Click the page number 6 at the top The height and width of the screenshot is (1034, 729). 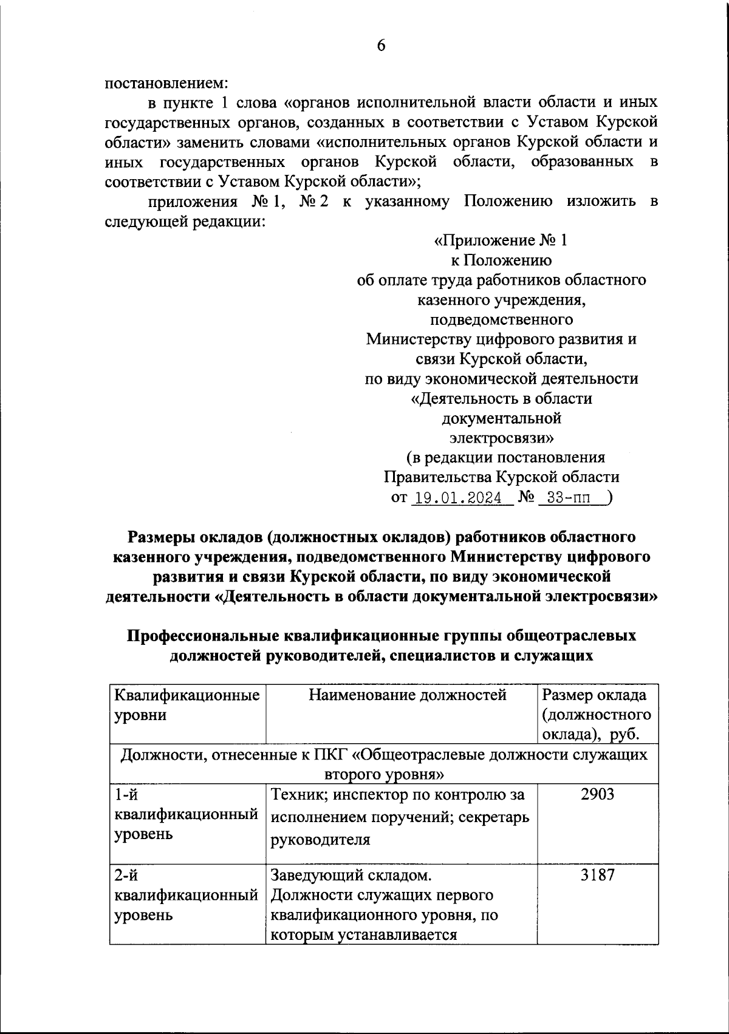click(381, 46)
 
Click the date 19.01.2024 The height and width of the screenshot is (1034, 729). click(462, 498)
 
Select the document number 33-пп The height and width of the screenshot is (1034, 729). click(568, 498)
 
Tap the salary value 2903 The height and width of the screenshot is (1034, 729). click(597, 794)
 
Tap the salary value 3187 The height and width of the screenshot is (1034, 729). click(597, 875)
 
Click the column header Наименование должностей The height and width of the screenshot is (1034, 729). click(407, 695)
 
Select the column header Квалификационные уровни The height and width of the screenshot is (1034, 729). click(187, 704)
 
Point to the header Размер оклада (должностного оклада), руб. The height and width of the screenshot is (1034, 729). click(597, 715)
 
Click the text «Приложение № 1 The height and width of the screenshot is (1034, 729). click(501, 241)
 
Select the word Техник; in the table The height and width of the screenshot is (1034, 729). click(294, 794)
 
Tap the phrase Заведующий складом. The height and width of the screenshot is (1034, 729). click(351, 875)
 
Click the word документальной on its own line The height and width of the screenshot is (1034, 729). click(501, 418)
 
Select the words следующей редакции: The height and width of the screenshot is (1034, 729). click(185, 221)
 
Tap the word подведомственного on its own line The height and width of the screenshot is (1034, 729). click(501, 319)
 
